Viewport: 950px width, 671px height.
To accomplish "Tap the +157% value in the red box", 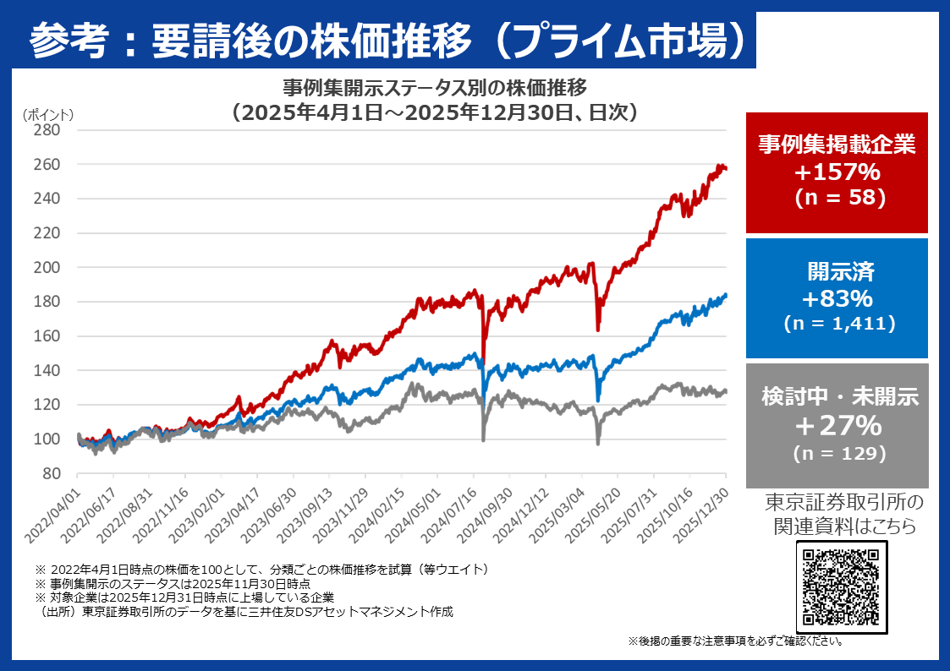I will [837, 172].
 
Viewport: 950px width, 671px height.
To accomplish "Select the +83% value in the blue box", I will [837, 298].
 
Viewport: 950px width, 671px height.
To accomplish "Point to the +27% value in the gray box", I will [837, 424].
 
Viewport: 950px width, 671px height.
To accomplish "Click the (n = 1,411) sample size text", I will [837, 323].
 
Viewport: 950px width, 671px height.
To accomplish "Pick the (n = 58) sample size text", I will [837, 198].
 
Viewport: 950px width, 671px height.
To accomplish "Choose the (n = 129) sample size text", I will [837, 452].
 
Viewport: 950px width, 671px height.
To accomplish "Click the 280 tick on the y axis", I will [47, 130].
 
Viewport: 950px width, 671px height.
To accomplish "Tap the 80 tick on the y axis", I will [51, 473].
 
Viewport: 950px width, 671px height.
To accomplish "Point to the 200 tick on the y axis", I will [47, 267].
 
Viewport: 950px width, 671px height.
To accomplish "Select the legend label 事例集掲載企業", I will [837, 144].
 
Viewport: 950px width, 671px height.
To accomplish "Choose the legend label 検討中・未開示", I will [837, 396].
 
